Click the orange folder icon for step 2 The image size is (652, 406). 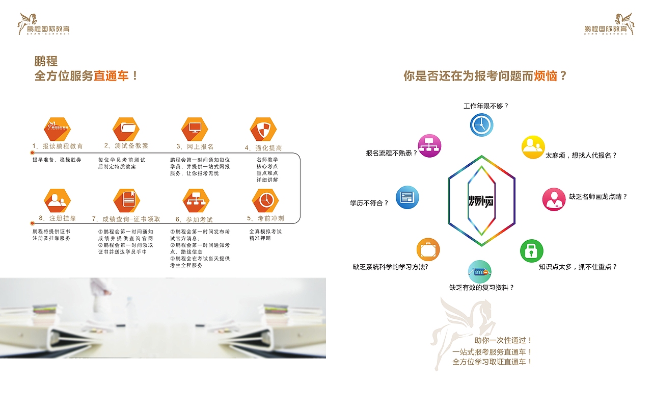(x=125, y=129)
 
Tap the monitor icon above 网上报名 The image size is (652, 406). (x=195, y=129)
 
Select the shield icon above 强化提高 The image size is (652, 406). (x=263, y=130)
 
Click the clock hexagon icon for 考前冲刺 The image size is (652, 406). (x=265, y=200)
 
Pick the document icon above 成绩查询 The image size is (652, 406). (x=126, y=200)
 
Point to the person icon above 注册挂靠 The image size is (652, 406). (x=57, y=200)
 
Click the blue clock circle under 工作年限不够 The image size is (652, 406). (x=481, y=124)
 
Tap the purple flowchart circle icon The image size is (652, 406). (x=429, y=145)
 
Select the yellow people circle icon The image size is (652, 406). (x=533, y=147)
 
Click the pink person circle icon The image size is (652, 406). (x=554, y=199)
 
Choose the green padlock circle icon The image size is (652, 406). (x=531, y=250)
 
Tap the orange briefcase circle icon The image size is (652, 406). (x=428, y=250)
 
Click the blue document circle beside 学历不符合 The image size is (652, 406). (x=407, y=197)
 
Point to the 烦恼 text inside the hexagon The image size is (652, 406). (x=482, y=200)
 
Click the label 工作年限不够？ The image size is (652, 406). (x=486, y=106)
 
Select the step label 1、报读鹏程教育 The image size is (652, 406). (x=58, y=146)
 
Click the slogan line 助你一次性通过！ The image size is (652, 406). (x=503, y=340)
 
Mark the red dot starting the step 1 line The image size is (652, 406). (x=32, y=153)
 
